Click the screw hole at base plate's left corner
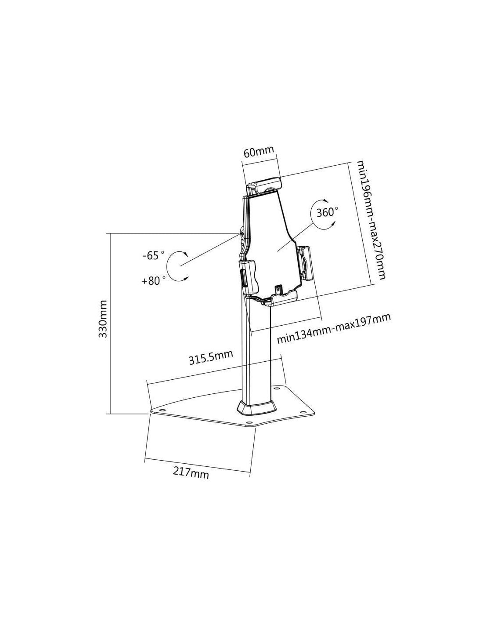pyautogui.click(x=161, y=410)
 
